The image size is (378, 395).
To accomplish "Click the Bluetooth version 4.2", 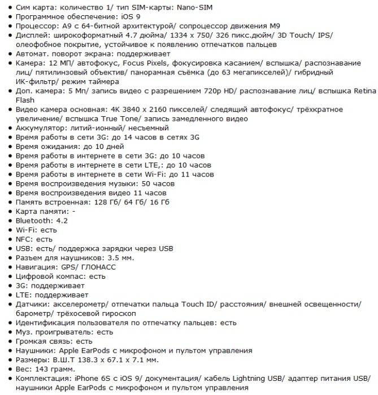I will tap(58, 221).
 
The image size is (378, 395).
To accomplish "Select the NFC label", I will tap(25, 239).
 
